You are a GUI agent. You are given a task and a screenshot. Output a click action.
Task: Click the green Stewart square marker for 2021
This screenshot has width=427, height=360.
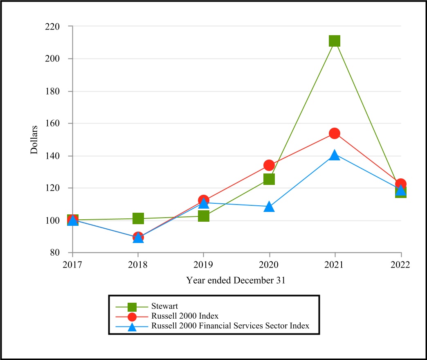coord(335,41)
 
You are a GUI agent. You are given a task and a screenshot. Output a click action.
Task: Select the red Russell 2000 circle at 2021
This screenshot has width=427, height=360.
coord(335,133)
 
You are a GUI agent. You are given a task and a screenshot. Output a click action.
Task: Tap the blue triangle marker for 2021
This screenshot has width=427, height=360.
coord(335,155)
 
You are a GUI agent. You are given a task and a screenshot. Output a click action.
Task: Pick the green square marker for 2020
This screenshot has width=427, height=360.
coord(269,179)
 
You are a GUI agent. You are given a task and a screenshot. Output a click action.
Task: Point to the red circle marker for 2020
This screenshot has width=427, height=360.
coord(269,165)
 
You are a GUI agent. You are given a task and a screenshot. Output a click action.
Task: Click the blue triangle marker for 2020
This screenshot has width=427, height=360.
coord(269,207)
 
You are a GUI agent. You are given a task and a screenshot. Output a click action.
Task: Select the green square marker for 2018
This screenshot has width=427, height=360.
coord(138,218)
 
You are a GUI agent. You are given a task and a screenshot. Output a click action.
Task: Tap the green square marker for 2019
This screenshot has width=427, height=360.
coord(204,216)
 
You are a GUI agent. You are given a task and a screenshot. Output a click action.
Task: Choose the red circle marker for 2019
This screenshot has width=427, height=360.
coord(204,200)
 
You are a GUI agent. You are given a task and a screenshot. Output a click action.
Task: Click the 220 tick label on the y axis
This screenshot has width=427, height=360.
coord(53,27)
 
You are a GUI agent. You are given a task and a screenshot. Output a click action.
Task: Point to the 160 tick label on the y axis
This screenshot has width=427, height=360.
coord(53,124)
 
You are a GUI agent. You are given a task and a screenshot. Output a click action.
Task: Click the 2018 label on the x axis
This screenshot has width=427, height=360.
coord(138,265)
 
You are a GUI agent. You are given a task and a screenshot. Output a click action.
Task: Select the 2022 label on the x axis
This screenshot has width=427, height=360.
coord(400,265)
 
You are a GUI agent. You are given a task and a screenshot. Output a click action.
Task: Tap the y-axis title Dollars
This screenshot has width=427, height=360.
coord(34,139)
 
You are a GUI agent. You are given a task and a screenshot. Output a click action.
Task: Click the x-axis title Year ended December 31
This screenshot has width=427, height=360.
coord(236,281)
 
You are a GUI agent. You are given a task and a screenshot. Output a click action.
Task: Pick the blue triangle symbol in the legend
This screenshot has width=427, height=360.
coord(132,326)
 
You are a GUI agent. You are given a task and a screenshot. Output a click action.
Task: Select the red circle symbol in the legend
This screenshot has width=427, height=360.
coord(132,316)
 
